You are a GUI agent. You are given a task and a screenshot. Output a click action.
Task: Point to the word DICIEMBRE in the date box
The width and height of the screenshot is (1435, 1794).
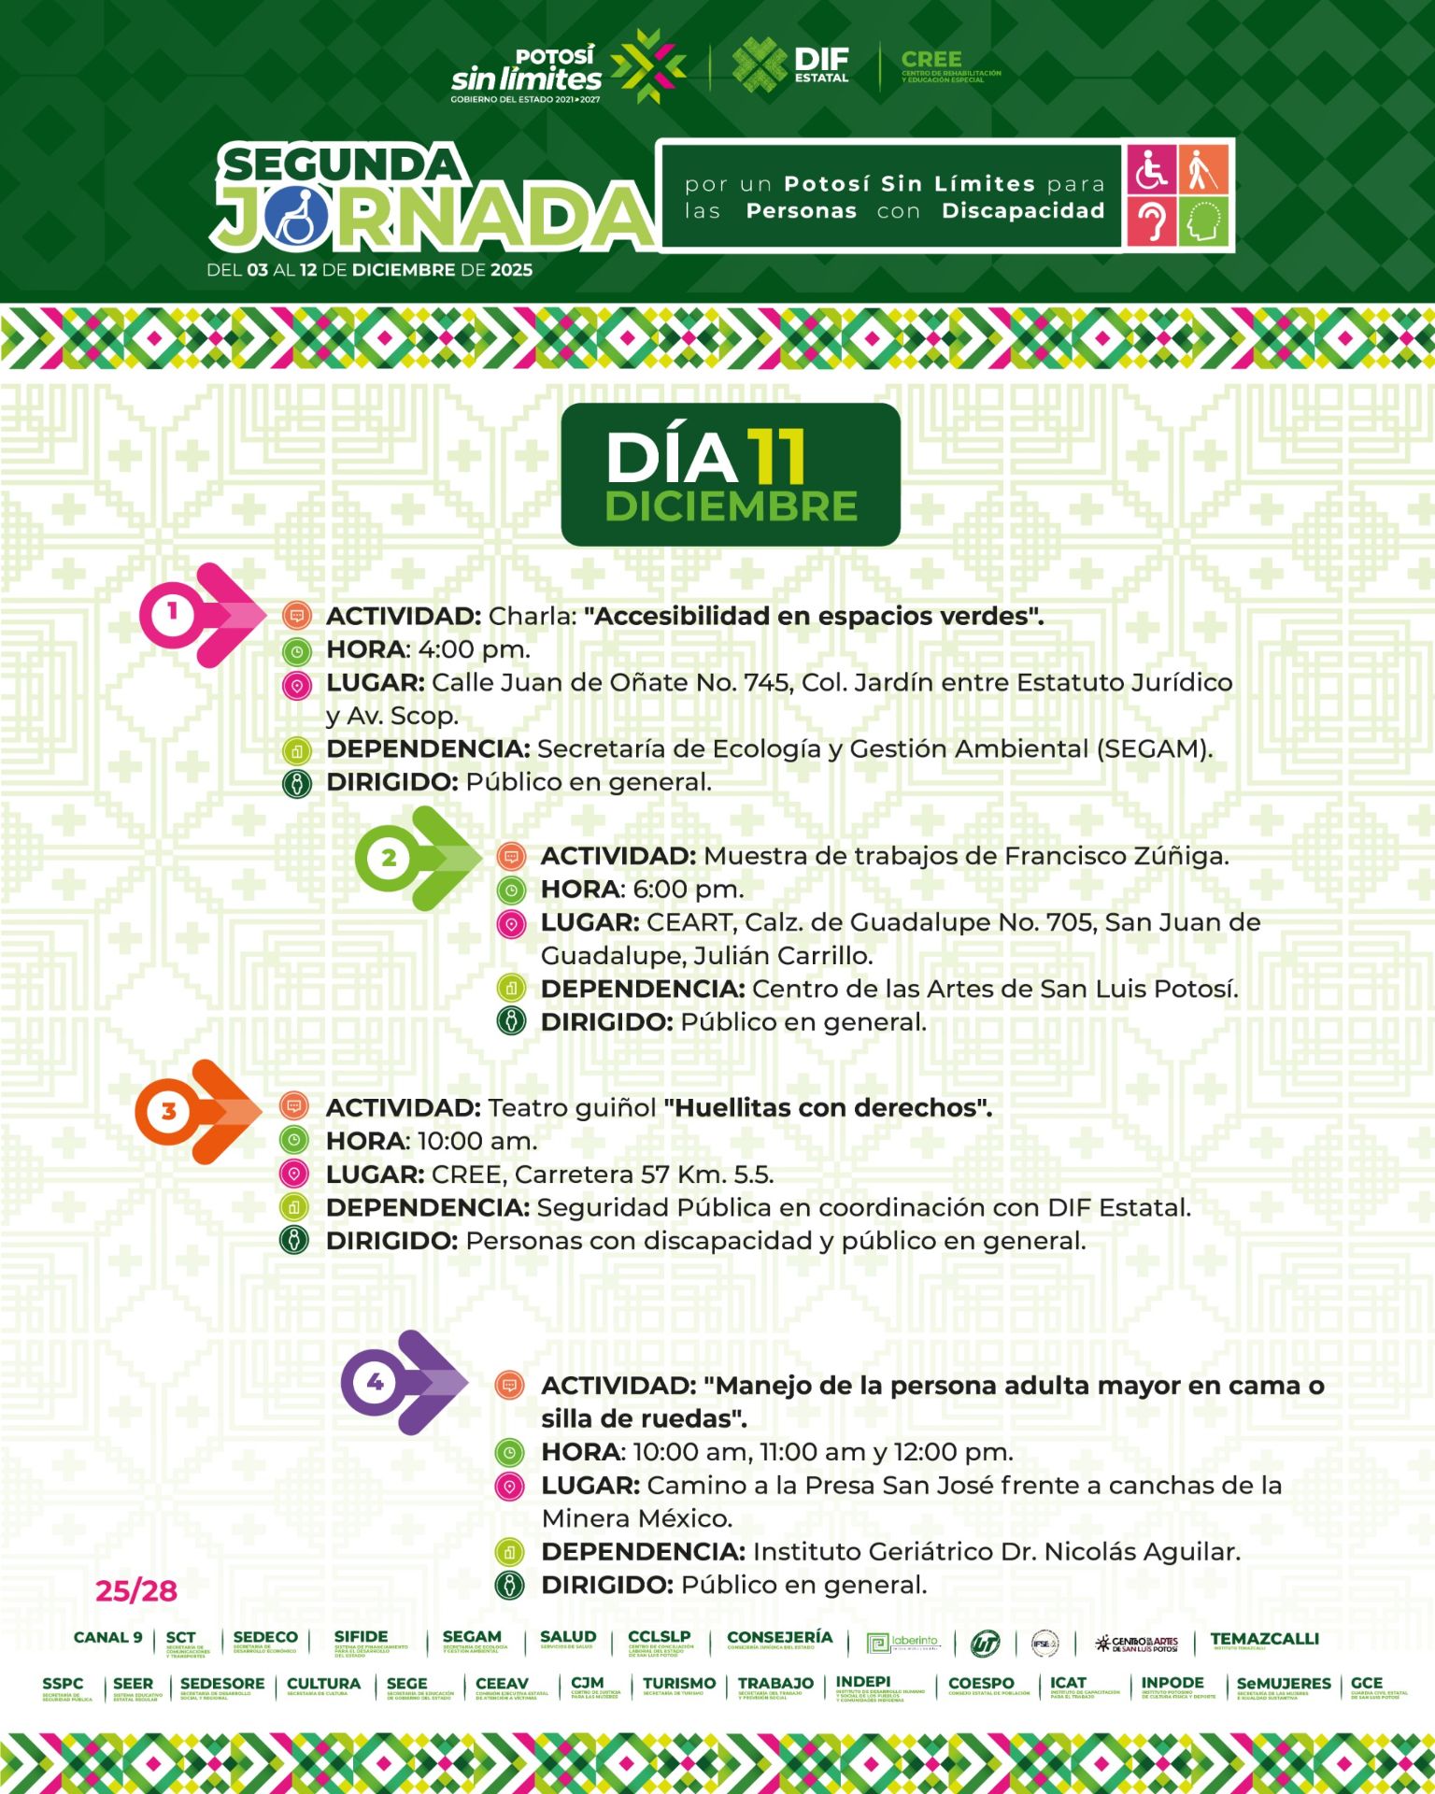click(x=731, y=507)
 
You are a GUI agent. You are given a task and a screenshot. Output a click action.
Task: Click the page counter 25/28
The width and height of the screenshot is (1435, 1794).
click(x=136, y=1590)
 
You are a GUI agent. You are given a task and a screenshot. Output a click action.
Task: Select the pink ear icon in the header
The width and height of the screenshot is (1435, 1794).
click(x=1152, y=221)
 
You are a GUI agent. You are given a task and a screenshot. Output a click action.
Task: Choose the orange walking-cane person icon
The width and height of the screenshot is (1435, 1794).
click(x=1203, y=169)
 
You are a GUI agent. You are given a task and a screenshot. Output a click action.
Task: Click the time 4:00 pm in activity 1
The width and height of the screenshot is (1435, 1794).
click(x=474, y=649)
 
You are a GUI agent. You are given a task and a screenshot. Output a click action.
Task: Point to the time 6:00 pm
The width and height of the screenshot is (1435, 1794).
click(x=688, y=890)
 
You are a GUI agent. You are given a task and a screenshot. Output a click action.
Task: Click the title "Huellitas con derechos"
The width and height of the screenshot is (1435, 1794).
click(x=828, y=1108)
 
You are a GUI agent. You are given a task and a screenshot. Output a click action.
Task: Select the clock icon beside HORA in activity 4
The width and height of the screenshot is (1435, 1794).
click(x=509, y=1452)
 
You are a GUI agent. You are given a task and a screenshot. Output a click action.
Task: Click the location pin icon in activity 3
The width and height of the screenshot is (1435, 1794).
click(x=294, y=1175)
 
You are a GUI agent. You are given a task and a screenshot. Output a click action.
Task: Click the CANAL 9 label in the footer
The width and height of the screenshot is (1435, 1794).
click(x=108, y=1638)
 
